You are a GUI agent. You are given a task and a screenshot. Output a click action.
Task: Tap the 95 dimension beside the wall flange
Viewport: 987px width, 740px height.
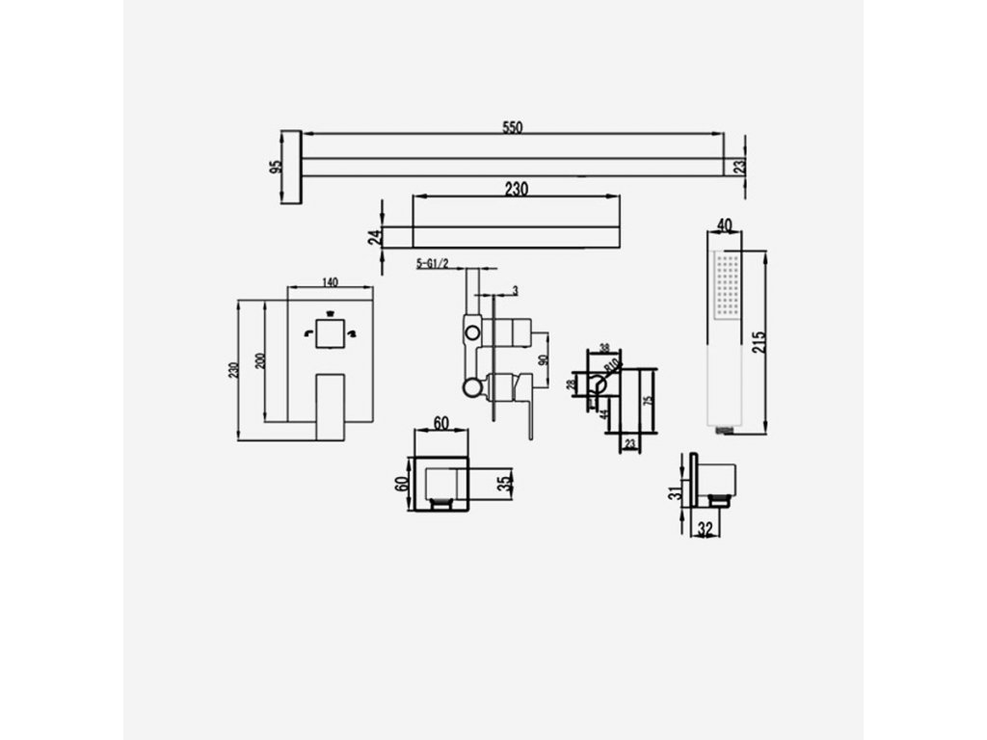click(x=276, y=168)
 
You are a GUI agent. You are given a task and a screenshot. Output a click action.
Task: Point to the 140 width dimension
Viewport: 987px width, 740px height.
click(x=330, y=282)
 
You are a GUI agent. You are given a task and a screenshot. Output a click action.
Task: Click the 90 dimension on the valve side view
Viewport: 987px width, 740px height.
click(x=544, y=360)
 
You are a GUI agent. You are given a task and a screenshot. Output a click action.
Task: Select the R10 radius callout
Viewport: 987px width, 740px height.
click(x=610, y=366)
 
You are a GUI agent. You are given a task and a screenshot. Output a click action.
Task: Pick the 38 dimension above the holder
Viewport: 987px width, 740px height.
click(x=605, y=349)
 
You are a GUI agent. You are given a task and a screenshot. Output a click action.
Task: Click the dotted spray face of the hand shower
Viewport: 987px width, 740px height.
click(x=727, y=286)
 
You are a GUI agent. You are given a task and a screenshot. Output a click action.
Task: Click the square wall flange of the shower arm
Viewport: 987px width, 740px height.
click(x=292, y=168)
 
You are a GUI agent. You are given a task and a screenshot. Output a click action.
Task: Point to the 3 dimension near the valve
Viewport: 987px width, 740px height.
click(x=516, y=290)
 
